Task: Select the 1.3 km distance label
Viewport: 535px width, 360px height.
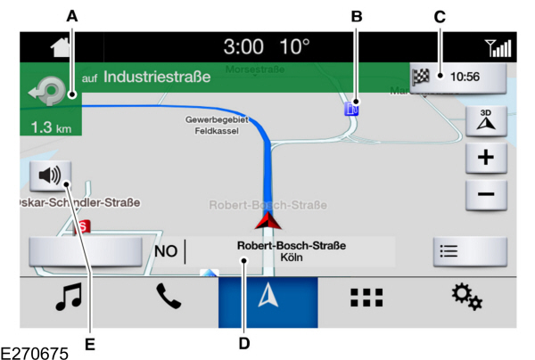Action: tap(50, 127)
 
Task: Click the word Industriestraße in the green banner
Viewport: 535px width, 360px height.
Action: tap(157, 78)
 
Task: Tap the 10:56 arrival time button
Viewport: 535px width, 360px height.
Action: tap(457, 77)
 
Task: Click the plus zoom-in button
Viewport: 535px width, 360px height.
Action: tap(487, 159)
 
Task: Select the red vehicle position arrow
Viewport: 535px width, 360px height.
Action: tap(267, 221)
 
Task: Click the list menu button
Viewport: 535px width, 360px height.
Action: tap(469, 251)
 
